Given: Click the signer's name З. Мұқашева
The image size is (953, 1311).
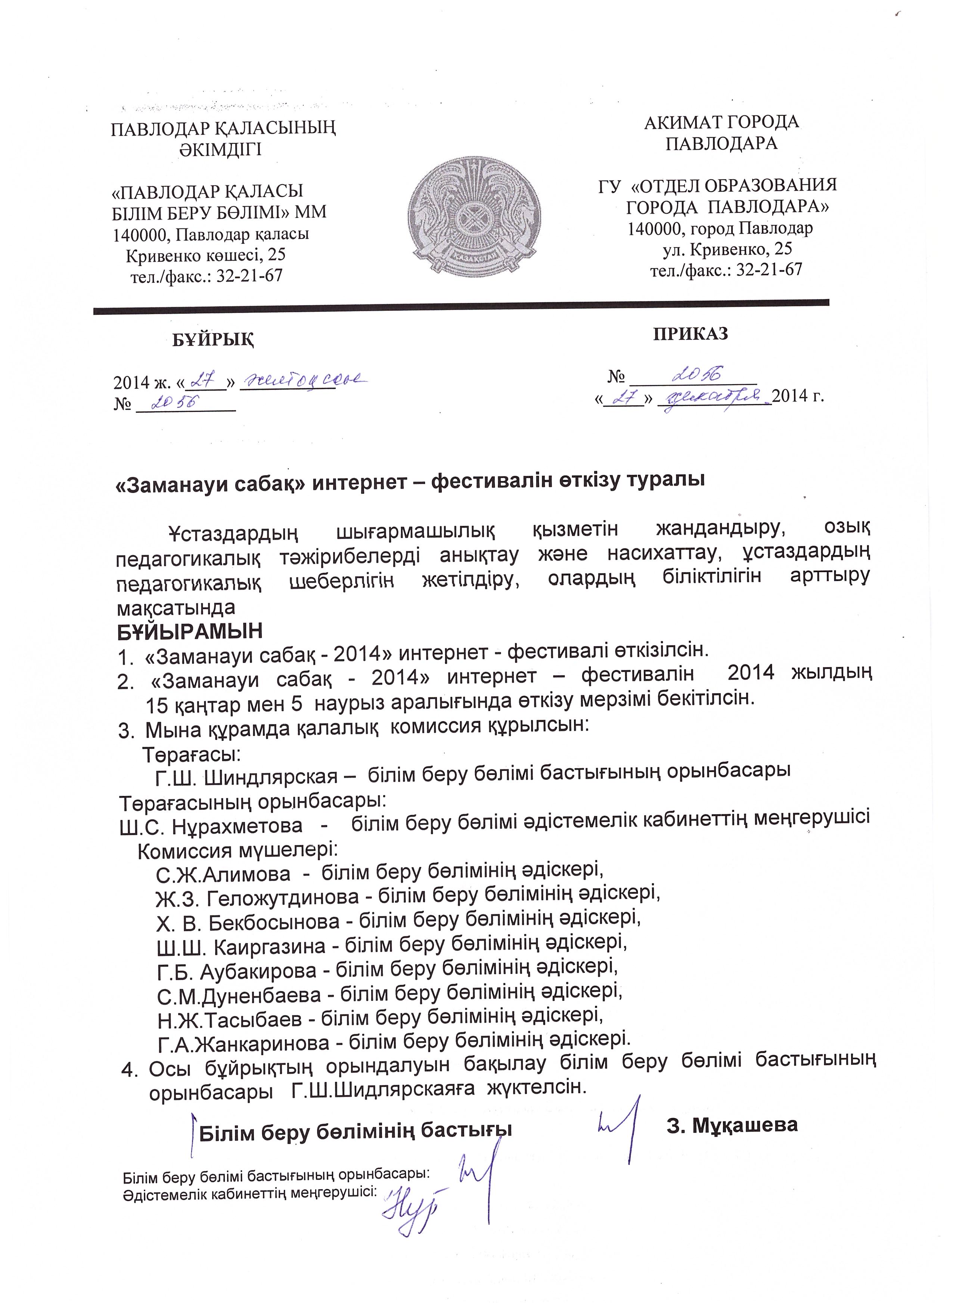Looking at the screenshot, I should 732,1124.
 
